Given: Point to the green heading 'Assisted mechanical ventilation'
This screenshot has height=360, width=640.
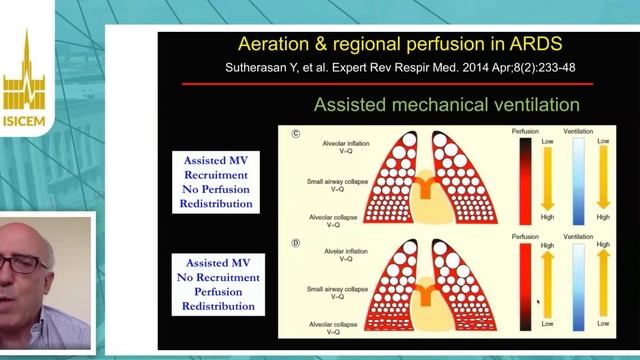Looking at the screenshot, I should tap(446, 104).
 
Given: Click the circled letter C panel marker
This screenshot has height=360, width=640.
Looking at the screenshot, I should tap(296, 133).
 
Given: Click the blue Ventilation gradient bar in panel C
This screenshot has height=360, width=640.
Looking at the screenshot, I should tap(578, 180).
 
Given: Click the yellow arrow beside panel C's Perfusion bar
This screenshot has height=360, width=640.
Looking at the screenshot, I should tap(548, 181).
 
